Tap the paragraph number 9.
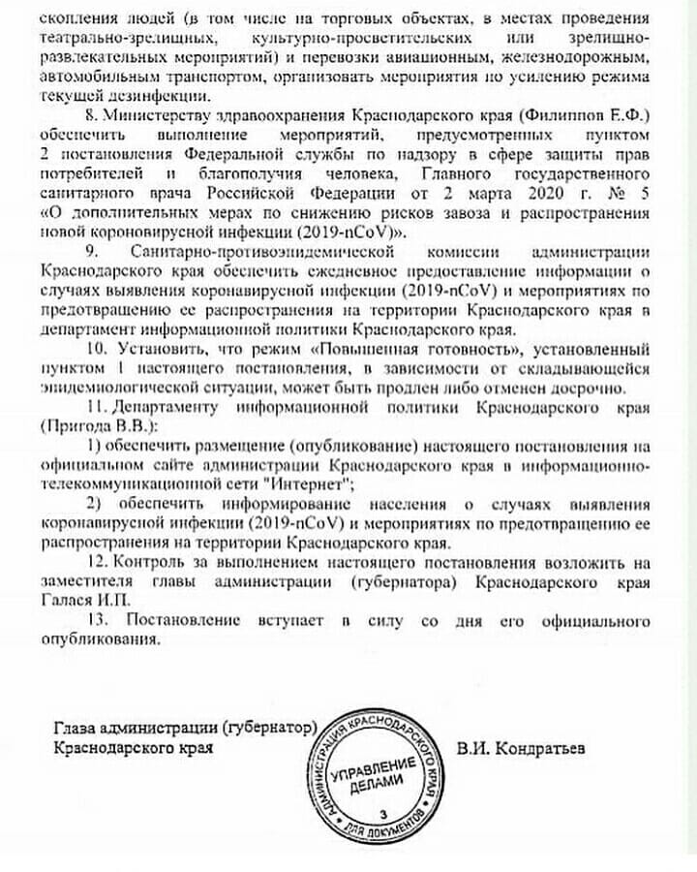[x=95, y=250]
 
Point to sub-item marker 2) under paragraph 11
[x=94, y=505]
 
